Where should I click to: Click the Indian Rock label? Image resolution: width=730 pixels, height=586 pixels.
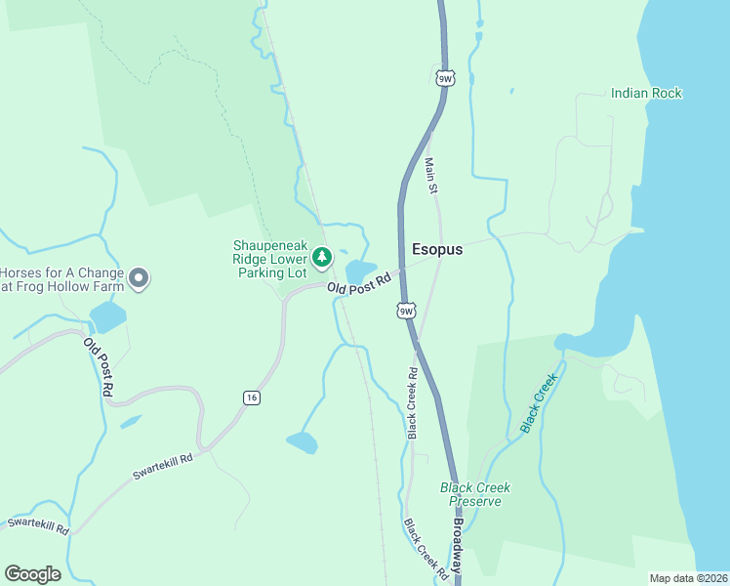pos(646,93)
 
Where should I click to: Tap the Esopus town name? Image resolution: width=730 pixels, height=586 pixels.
pos(437,249)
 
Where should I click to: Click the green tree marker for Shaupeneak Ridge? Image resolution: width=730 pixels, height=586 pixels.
pos(322,258)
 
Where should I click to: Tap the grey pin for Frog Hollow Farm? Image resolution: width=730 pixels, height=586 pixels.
pos(139,279)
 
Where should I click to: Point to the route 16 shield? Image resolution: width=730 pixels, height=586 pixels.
pos(251,398)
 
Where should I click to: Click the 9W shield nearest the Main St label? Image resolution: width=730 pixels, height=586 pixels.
pos(445,77)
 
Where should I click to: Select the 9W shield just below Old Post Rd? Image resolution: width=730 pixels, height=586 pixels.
pos(407,311)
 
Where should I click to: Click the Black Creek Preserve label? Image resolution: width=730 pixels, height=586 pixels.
pos(475,494)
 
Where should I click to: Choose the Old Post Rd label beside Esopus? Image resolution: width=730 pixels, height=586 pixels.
pos(358,284)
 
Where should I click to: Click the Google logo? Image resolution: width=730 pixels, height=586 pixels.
pos(32,574)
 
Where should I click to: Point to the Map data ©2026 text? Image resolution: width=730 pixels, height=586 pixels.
pos(688,578)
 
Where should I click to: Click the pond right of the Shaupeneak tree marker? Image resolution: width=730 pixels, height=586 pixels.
pos(359,271)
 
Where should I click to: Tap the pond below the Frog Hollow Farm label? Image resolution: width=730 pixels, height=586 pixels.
pos(107,317)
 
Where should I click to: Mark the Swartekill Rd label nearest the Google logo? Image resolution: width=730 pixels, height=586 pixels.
pos(37,525)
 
